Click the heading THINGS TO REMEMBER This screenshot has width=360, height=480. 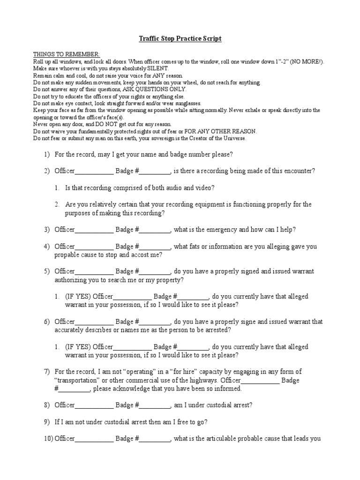tap(66, 55)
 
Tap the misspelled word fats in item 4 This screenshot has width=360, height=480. tap(197, 247)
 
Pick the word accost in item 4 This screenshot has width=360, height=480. tap(138, 255)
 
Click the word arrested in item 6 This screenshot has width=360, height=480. tap(217, 330)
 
